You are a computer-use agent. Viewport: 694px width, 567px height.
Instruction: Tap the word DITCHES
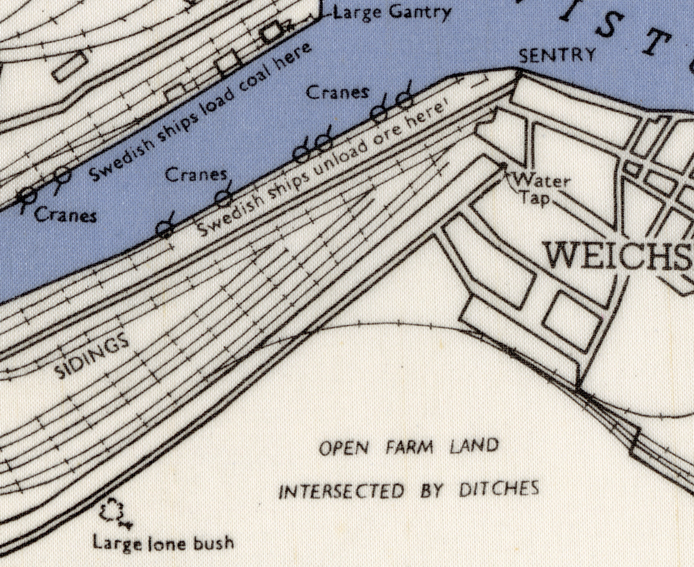click(499, 490)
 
